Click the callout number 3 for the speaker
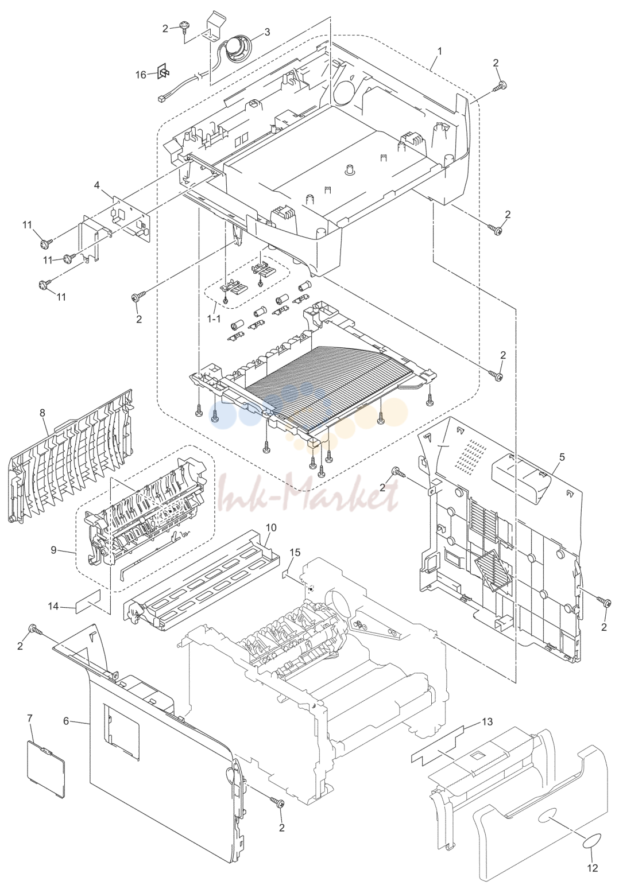tap(267, 32)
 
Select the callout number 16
tap(141, 75)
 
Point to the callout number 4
tap(97, 185)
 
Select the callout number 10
tap(271, 527)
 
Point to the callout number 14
tap(53, 607)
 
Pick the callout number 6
tap(67, 721)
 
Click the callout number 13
tap(487, 721)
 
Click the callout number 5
tap(562, 457)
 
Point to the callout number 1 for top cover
tap(439, 52)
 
